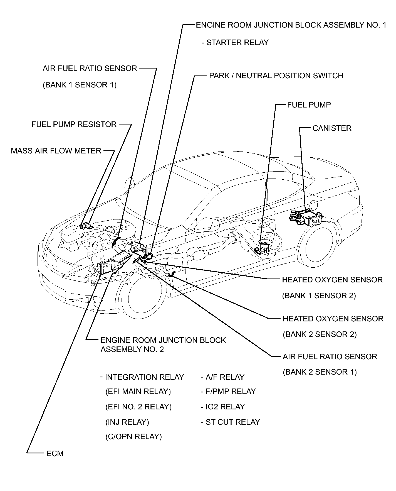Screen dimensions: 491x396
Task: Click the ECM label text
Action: click(55, 454)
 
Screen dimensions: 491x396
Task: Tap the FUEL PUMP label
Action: click(309, 105)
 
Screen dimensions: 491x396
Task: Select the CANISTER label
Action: click(332, 128)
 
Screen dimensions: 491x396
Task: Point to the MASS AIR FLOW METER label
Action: click(56, 151)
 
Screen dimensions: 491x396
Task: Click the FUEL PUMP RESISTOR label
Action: click(74, 124)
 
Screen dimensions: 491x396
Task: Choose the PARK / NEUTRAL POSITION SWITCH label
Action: click(276, 76)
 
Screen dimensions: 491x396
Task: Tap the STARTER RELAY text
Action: click(237, 43)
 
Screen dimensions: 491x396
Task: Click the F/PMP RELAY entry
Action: click(230, 392)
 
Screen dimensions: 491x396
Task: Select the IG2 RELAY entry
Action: click(225, 407)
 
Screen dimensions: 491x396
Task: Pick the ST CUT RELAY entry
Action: click(232, 422)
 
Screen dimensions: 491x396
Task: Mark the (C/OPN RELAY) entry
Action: click(133, 436)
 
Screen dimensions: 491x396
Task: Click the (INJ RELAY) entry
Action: click(127, 422)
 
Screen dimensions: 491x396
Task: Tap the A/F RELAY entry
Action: click(225, 377)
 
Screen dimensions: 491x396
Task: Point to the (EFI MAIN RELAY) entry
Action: click(138, 392)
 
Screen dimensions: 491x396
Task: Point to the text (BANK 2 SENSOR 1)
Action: click(320, 372)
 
